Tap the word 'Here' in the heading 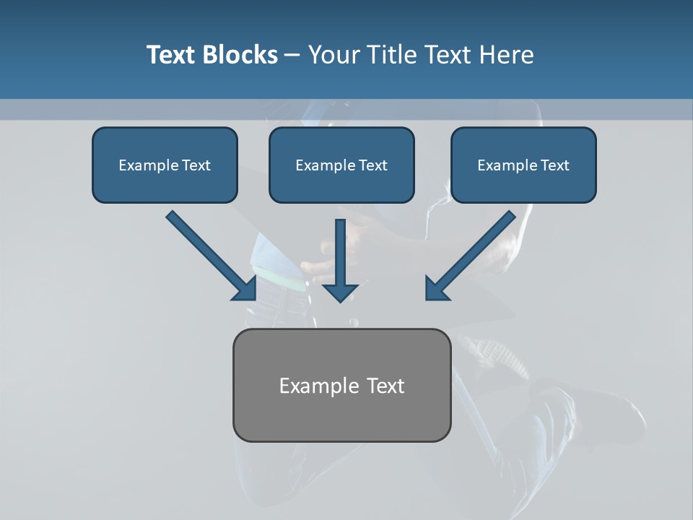pyautogui.click(x=507, y=55)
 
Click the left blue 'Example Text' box pyautogui.click(x=165, y=165)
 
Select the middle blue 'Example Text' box pyautogui.click(x=341, y=165)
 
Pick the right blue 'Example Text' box pyautogui.click(x=523, y=165)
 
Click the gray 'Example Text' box pyautogui.click(x=341, y=385)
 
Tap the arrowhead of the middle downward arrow pyautogui.click(x=341, y=292)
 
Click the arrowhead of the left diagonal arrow pyautogui.click(x=245, y=289)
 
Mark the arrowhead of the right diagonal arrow pyautogui.click(x=436, y=289)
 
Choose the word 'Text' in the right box pyautogui.click(x=554, y=165)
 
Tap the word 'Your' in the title pyautogui.click(x=332, y=55)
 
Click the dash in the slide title pyautogui.click(x=293, y=56)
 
